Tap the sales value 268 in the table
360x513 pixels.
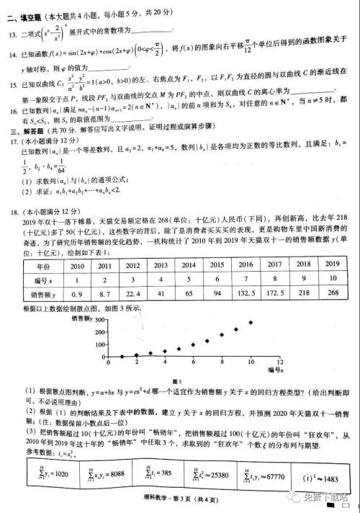point(332,295)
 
